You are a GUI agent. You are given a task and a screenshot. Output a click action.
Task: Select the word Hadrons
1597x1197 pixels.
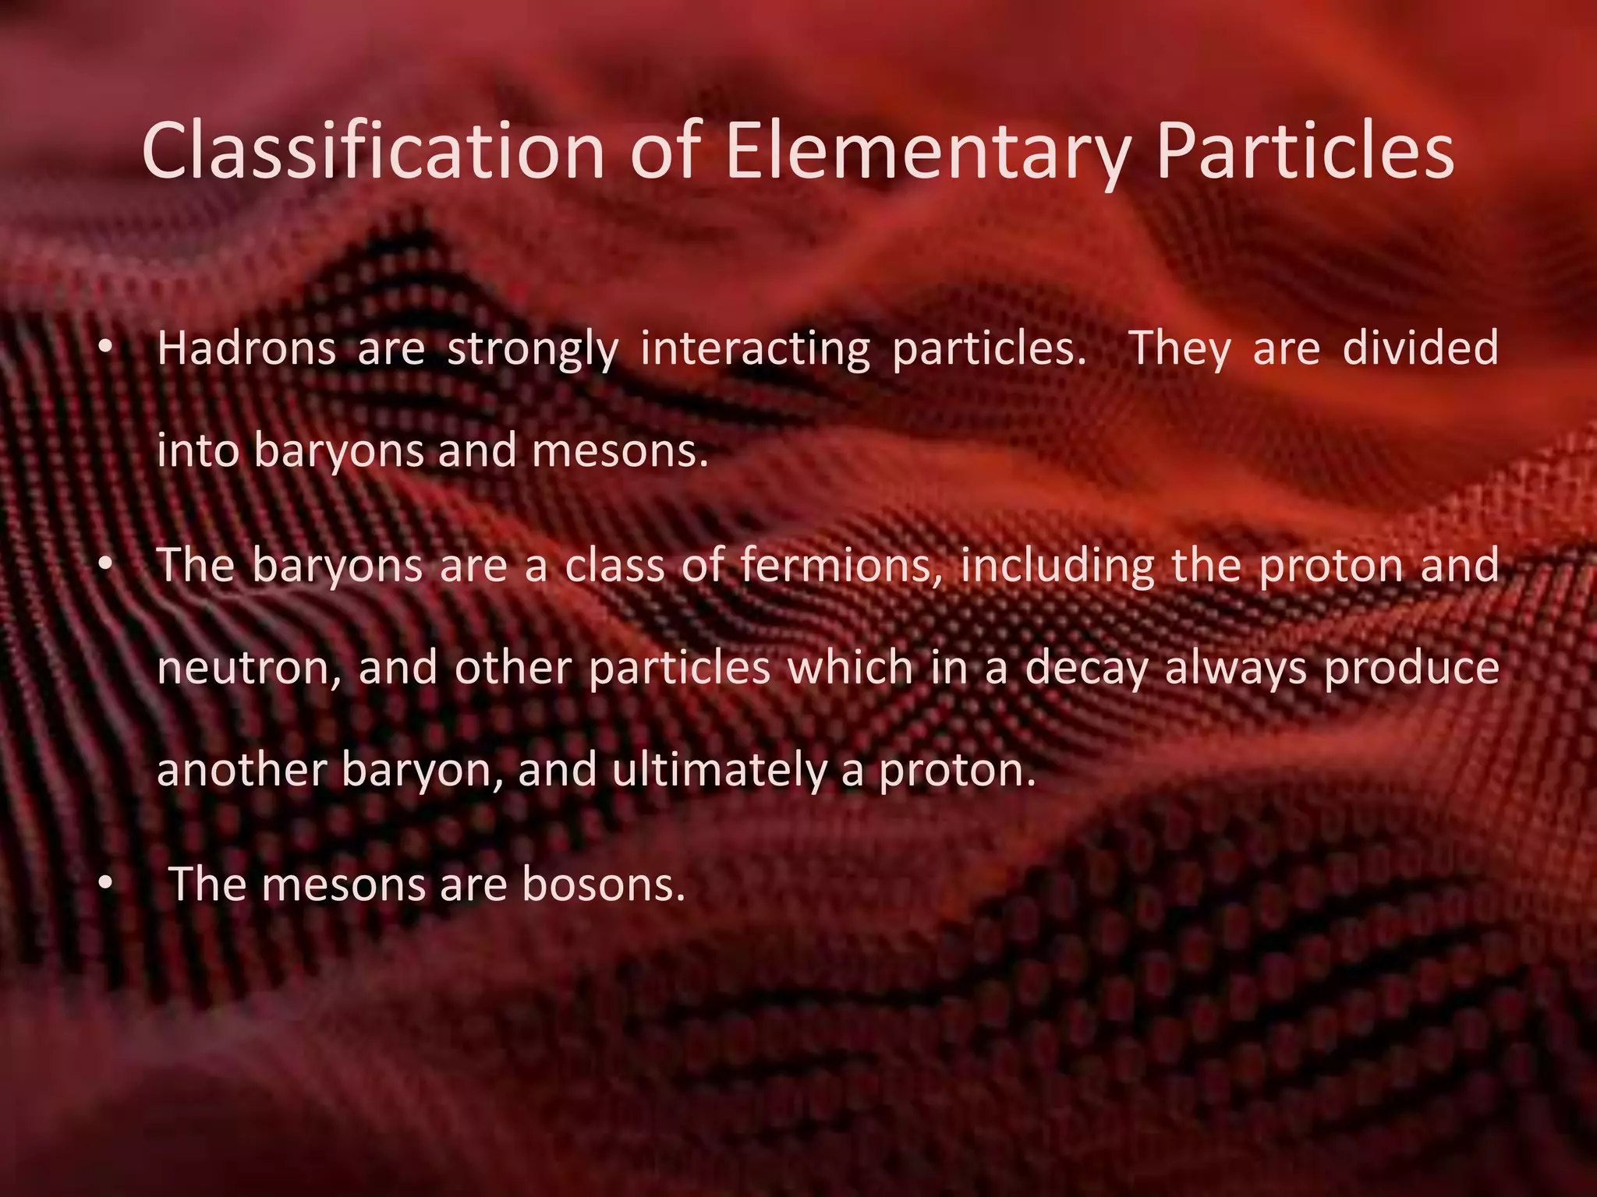point(246,348)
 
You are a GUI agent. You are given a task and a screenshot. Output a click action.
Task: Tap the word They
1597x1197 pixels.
point(1180,348)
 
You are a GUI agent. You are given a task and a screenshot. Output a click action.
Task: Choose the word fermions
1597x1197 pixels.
point(837,565)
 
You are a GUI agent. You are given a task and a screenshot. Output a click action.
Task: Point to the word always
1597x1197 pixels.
point(1235,669)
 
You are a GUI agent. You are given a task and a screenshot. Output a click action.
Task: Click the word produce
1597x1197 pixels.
point(1411,669)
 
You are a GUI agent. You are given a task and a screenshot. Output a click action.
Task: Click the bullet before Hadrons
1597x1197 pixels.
point(107,348)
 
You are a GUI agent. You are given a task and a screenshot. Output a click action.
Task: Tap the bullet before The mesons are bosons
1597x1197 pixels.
point(107,885)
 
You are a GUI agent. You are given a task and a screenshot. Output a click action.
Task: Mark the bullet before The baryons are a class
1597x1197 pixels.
point(107,565)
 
